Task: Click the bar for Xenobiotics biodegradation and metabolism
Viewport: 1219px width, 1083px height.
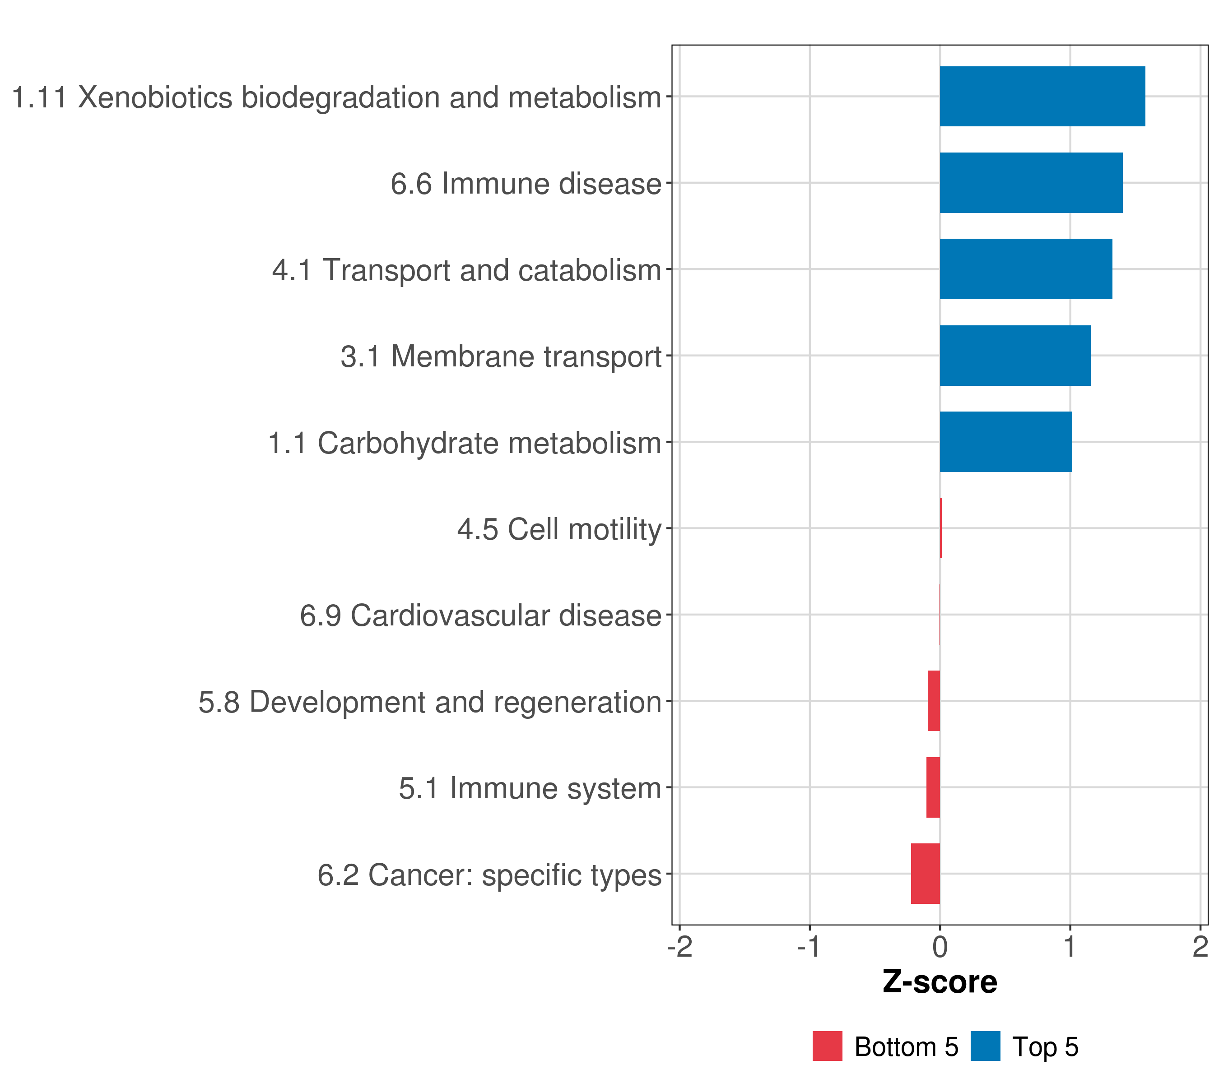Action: click(x=1042, y=97)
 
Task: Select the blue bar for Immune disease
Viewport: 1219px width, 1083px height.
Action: click(x=1031, y=183)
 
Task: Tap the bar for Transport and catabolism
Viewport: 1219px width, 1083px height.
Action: click(x=1026, y=269)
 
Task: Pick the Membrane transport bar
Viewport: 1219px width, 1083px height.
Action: click(x=1015, y=356)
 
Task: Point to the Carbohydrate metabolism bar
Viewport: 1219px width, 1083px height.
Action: click(x=1005, y=442)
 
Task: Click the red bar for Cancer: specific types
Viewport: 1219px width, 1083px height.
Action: click(x=925, y=874)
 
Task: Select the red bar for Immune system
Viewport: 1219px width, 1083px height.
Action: click(x=933, y=787)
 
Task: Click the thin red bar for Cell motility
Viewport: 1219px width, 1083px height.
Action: click(x=940, y=528)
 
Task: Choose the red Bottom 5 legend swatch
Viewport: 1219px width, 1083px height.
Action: click(x=827, y=1046)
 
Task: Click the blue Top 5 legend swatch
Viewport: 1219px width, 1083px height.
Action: click(x=985, y=1046)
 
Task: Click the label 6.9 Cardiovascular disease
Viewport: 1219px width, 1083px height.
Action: click(x=481, y=616)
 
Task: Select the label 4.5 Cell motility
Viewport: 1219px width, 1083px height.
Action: click(x=559, y=529)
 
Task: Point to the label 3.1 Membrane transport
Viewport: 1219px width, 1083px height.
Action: click(x=501, y=356)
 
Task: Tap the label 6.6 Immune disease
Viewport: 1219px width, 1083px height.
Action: click(x=526, y=184)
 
